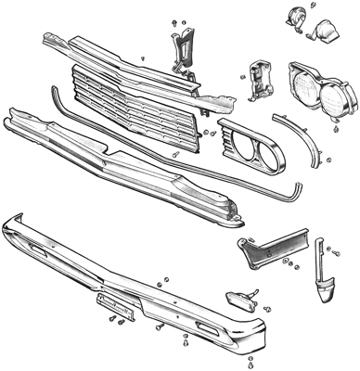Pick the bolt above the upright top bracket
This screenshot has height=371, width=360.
point(174,19)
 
